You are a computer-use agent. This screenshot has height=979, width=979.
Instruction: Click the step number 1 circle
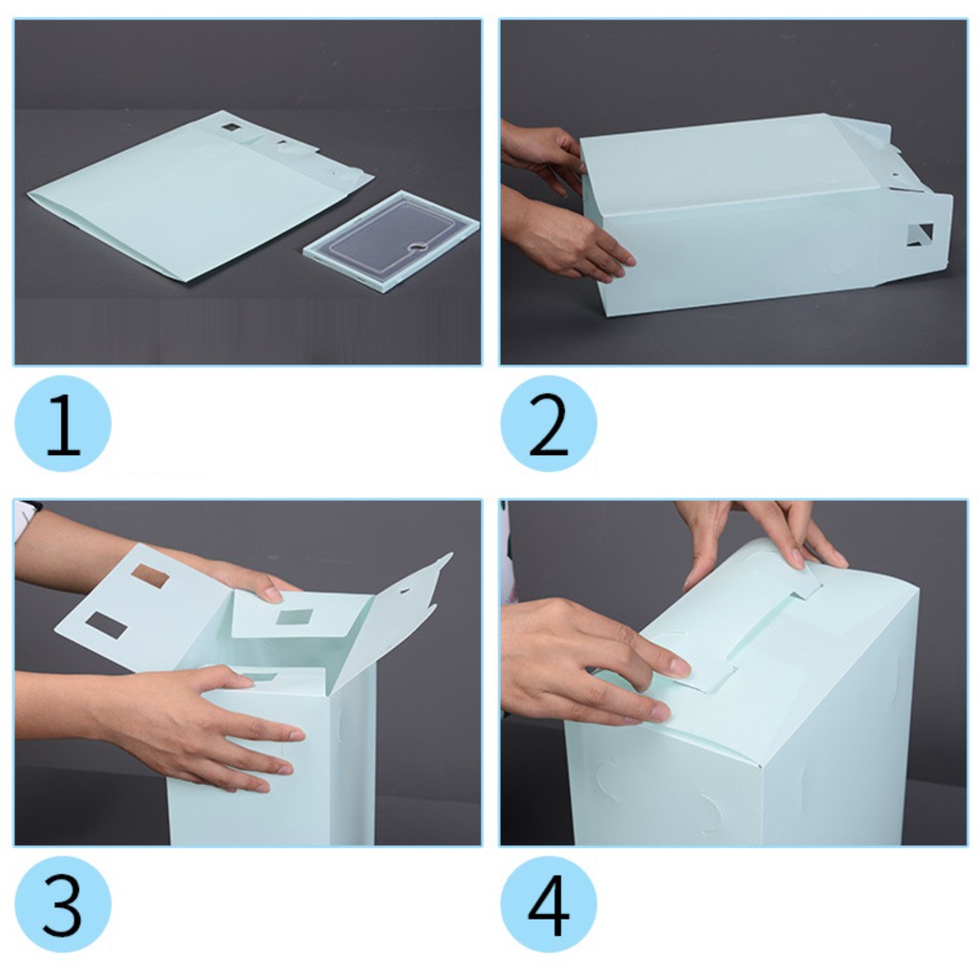click(x=62, y=424)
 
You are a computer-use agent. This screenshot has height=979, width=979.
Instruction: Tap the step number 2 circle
click(x=548, y=424)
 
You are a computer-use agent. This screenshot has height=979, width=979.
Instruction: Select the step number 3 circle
click(x=62, y=903)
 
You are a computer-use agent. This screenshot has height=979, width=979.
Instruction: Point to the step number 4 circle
click(x=548, y=903)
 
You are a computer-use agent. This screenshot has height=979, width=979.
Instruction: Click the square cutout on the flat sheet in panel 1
click(x=230, y=127)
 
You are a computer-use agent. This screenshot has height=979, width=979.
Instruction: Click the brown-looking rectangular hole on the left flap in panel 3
click(x=150, y=576)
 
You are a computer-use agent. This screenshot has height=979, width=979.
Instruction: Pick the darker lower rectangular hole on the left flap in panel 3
click(x=106, y=625)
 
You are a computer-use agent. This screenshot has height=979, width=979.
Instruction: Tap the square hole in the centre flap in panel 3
click(x=294, y=618)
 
